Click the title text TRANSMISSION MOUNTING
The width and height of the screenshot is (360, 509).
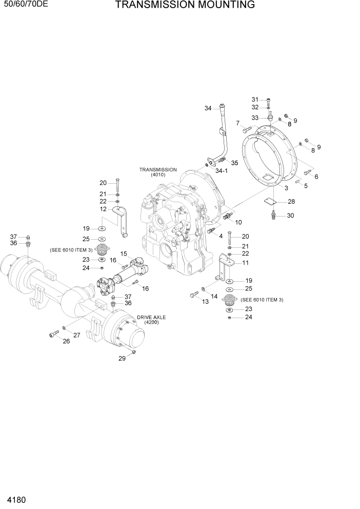(185, 6)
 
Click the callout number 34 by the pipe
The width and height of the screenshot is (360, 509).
(208, 108)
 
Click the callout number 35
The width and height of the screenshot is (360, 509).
(234, 163)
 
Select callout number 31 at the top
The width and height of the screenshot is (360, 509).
(255, 99)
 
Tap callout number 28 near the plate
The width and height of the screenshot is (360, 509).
(291, 201)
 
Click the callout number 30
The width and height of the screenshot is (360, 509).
(290, 216)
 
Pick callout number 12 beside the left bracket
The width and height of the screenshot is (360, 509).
(103, 209)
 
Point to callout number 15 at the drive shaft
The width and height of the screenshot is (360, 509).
(124, 253)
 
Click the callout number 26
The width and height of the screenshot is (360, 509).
(66, 341)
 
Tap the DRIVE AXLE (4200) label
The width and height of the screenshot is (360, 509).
(151, 320)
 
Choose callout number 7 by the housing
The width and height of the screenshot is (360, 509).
(237, 123)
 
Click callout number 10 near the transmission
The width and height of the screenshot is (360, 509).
(238, 222)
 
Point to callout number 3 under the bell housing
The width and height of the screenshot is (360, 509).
(286, 188)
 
